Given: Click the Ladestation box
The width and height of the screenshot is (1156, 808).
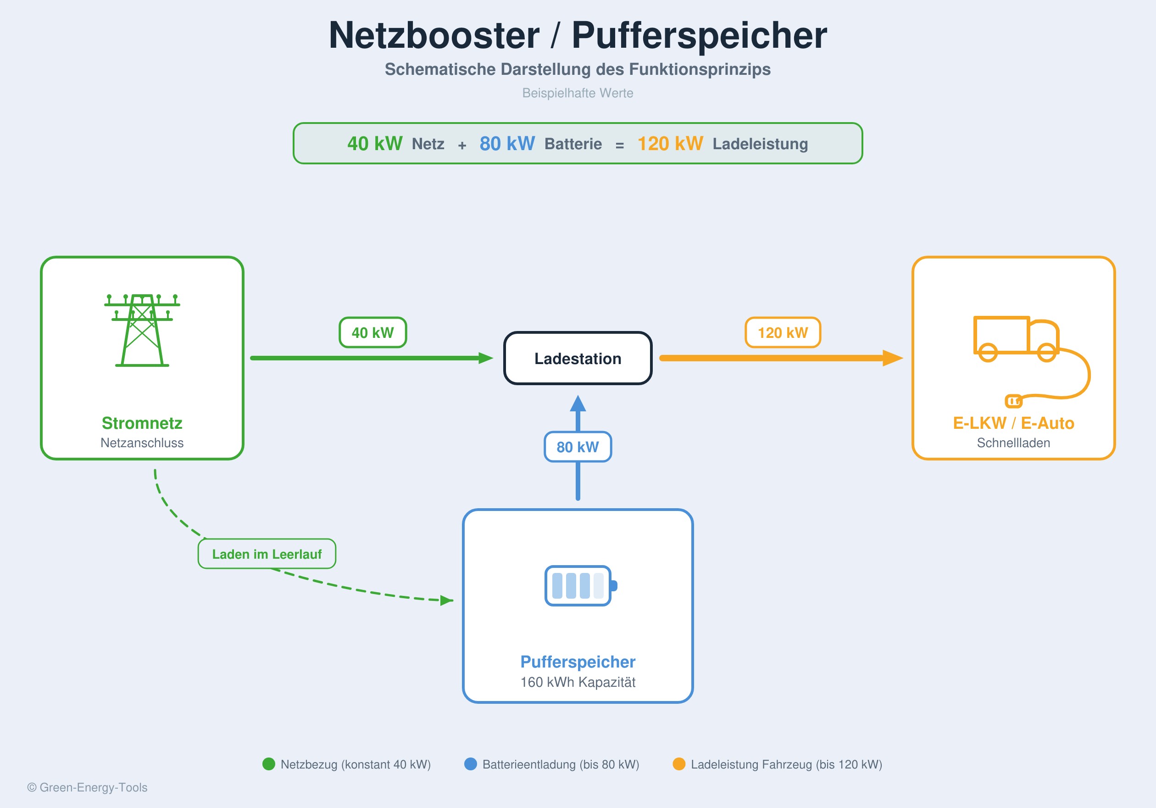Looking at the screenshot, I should click(x=578, y=358).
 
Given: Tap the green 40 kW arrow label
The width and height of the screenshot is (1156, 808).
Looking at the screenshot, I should click(x=372, y=332).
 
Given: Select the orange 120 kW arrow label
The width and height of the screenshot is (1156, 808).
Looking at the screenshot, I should click(x=783, y=332).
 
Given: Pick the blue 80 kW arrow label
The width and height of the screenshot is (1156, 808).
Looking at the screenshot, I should click(x=578, y=447).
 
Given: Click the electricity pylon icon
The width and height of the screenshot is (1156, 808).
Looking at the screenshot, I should click(x=142, y=330).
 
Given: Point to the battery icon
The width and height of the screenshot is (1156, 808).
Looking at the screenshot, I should click(x=580, y=585).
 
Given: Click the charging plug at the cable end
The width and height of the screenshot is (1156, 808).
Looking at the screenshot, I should click(x=1013, y=401).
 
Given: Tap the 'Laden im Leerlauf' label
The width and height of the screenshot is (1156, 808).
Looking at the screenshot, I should click(x=267, y=554).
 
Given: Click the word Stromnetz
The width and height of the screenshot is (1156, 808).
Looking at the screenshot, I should click(x=142, y=423).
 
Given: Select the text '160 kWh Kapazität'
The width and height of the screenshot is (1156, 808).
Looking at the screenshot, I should click(x=578, y=682).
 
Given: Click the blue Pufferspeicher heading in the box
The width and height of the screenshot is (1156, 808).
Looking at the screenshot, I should click(x=578, y=662).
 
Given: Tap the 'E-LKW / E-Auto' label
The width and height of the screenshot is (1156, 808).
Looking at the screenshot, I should click(x=1013, y=423).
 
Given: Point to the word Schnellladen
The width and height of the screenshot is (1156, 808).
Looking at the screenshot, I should click(x=1013, y=443).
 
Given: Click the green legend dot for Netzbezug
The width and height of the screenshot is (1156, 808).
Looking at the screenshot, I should click(x=269, y=764).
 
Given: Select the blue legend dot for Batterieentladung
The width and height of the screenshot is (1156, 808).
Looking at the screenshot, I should click(x=470, y=764).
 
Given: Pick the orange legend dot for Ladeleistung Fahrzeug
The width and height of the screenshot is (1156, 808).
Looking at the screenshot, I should click(x=679, y=764).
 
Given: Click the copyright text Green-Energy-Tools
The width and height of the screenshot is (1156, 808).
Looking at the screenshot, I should click(x=87, y=787).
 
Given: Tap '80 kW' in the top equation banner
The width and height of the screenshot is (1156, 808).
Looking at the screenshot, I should click(x=506, y=144).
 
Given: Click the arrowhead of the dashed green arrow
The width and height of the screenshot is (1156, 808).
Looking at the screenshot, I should click(x=446, y=600).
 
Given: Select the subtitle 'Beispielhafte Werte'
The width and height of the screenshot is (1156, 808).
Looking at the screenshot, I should click(x=578, y=93).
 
